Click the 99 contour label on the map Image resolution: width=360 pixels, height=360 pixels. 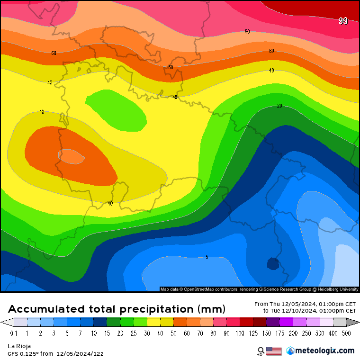pyautogui.click(x=343, y=21)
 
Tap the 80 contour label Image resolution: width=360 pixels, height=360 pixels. pyautogui.click(x=247, y=32)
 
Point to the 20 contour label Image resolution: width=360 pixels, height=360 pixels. pyautogui.click(x=279, y=106)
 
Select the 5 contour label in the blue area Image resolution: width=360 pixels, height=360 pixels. pyautogui.click(x=207, y=257)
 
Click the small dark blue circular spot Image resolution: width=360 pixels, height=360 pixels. pyautogui.click(x=273, y=263)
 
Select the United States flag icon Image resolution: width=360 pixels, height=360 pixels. pyautogui.click(x=274, y=351)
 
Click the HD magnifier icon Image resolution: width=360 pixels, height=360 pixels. pyautogui.click(x=261, y=351)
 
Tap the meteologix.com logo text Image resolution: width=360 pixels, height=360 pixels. pyautogui.click(x=324, y=351)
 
